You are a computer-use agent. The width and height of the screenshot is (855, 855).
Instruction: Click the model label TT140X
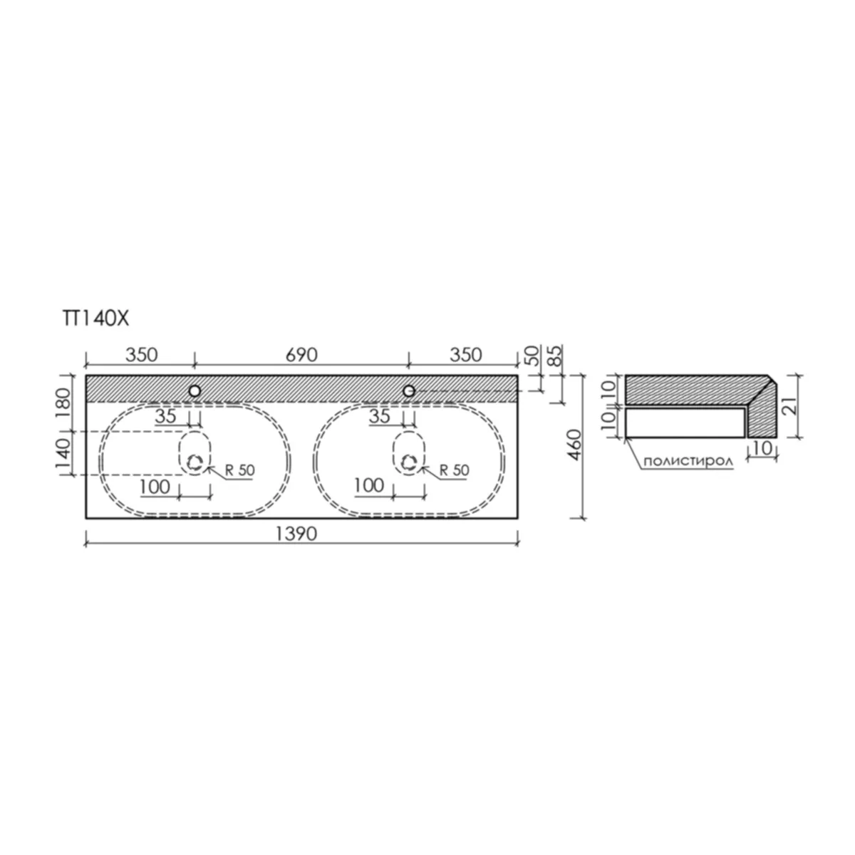(x=95, y=318)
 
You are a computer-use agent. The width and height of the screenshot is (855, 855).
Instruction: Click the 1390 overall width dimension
(x=296, y=534)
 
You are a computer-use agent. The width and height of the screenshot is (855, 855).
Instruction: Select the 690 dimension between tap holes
(x=301, y=355)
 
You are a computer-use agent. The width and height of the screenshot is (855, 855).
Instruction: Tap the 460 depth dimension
(x=574, y=445)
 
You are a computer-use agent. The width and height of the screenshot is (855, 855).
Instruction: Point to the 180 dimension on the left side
(x=63, y=403)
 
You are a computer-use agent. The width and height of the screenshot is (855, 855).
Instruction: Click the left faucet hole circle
(x=195, y=391)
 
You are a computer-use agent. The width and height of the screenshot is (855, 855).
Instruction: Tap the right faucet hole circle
(x=409, y=391)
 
